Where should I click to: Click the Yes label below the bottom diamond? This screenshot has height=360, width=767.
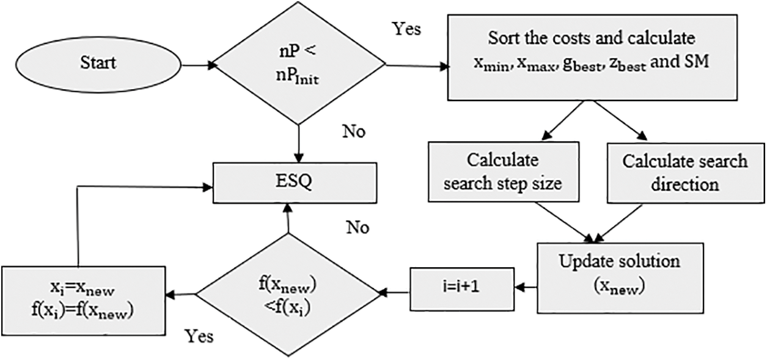point(199,336)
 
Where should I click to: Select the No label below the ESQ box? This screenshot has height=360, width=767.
point(358,227)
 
